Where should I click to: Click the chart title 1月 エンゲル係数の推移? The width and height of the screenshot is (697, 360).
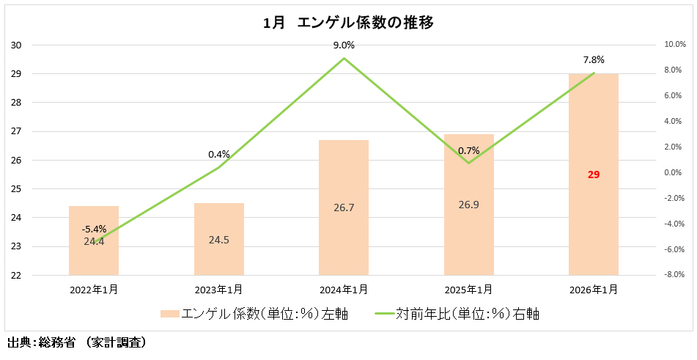[348, 23]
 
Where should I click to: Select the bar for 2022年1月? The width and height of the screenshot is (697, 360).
[94, 240]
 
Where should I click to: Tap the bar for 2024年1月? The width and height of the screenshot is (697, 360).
[344, 207]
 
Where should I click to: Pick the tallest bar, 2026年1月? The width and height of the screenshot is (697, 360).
[594, 175]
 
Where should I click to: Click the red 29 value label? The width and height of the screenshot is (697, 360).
[594, 175]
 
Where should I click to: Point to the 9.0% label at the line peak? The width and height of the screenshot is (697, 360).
[344, 45]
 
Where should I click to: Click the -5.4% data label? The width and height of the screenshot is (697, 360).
[94, 229]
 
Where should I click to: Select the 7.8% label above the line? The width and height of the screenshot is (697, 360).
[594, 60]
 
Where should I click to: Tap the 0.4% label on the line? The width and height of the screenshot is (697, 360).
[218, 154]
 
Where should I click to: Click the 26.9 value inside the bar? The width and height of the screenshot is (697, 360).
[468, 205]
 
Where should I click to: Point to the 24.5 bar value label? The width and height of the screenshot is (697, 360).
[218, 240]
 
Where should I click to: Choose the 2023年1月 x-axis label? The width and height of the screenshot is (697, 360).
[218, 290]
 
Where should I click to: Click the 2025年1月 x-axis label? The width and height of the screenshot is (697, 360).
[468, 290]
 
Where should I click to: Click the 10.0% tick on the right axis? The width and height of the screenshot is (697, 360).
[675, 45]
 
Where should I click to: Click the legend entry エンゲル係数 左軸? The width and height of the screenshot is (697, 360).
[254, 315]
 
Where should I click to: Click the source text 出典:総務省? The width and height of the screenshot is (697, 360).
[41, 342]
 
